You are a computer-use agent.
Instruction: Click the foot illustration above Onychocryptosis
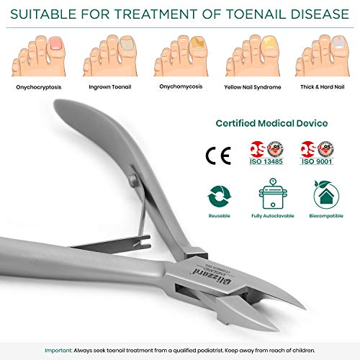[x=39, y=53]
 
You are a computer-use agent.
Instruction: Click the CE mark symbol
[x=215, y=153]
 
